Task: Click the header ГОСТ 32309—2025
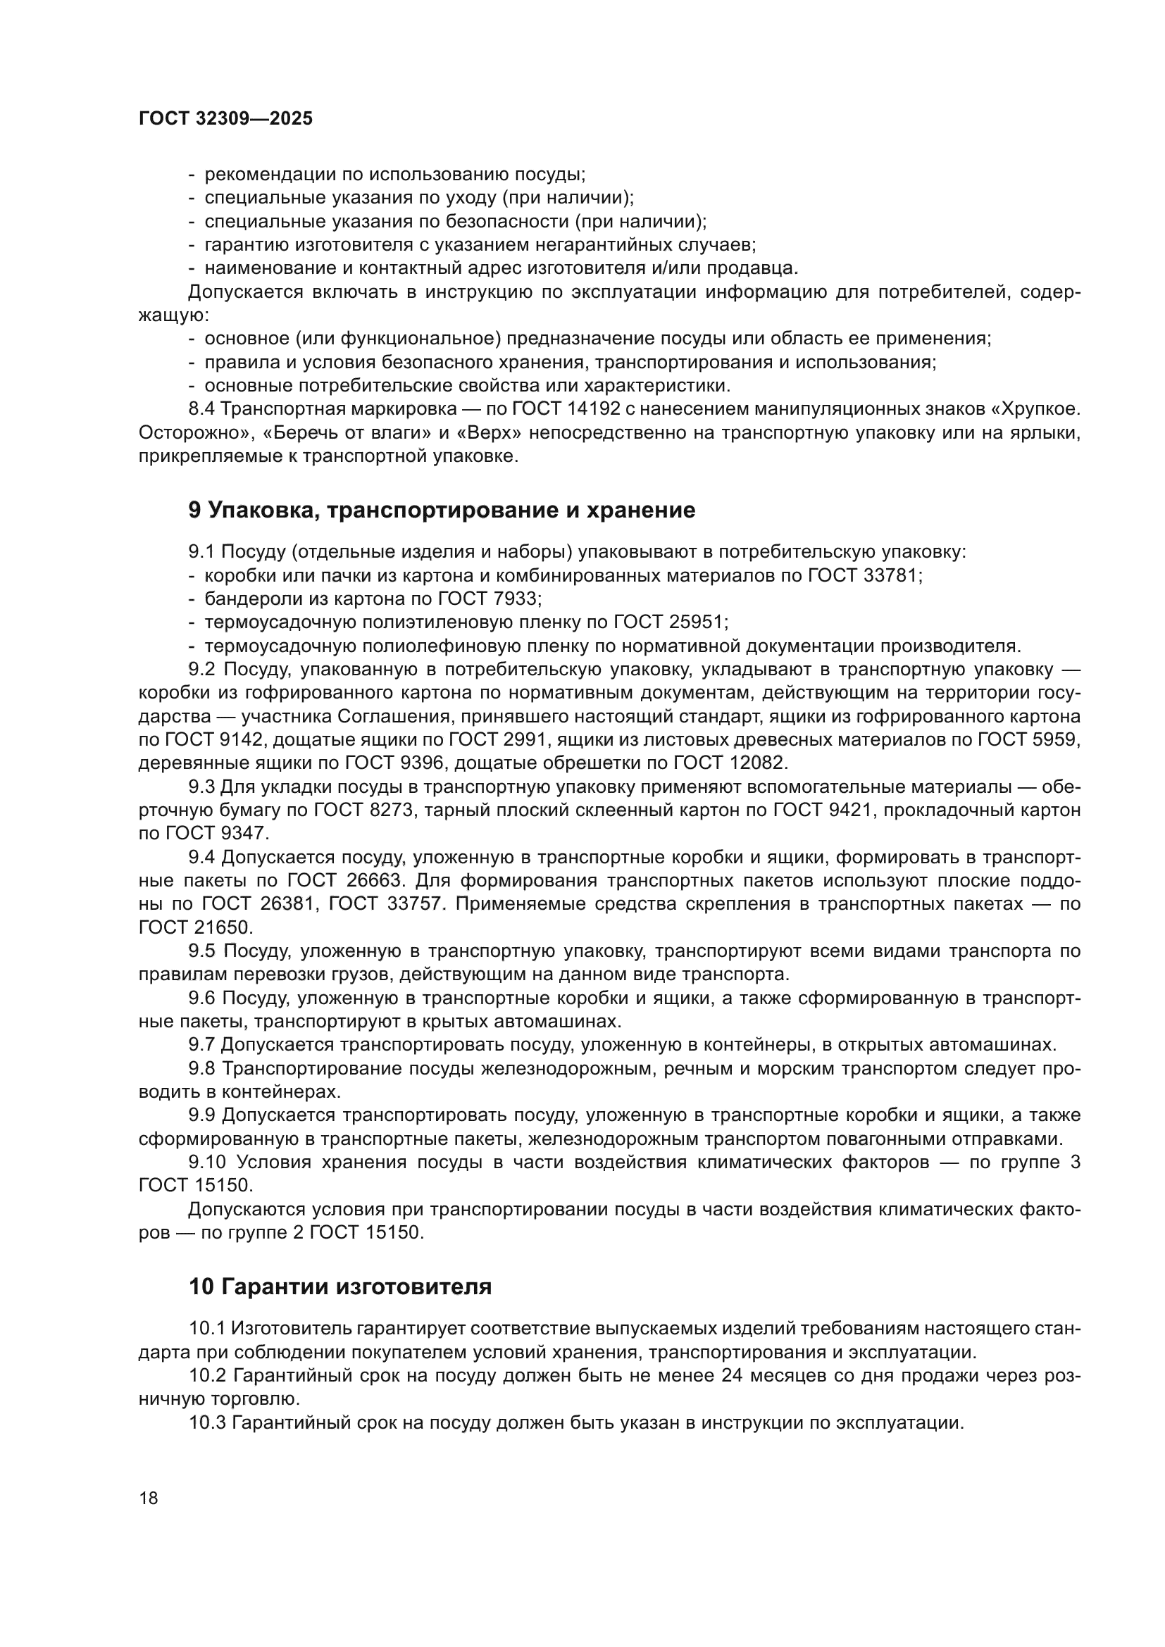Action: tap(225, 119)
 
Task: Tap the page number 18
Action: tap(149, 1498)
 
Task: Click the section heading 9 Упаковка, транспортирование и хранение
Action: tap(441, 510)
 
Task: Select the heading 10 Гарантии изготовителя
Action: tap(340, 1286)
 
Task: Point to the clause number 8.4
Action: tap(201, 409)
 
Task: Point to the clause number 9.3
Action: tap(201, 787)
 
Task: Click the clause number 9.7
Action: tap(201, 1044)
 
